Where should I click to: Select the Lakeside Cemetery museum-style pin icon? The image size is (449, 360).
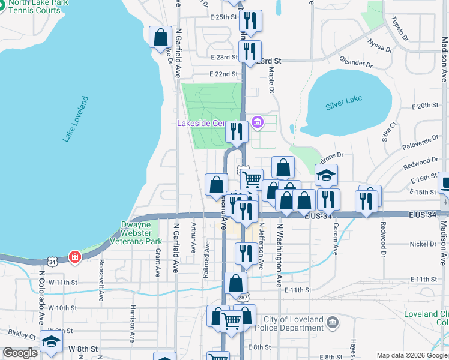tap(258, 123)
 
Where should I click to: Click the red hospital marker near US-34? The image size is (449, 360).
tap(74, 257)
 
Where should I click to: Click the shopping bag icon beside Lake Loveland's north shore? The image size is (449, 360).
tap(160, 37)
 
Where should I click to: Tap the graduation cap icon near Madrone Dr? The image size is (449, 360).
tap(327, 175)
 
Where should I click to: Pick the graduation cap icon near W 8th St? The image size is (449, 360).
tap(52, 341)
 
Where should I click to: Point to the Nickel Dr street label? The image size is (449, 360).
tap(424, 244)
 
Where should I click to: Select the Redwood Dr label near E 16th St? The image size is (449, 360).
tap(421, 161)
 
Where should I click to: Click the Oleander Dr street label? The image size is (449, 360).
tap(355, 63)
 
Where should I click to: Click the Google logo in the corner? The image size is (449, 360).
tap(20, 353)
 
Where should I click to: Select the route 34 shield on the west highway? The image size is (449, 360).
tap(52, 261)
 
